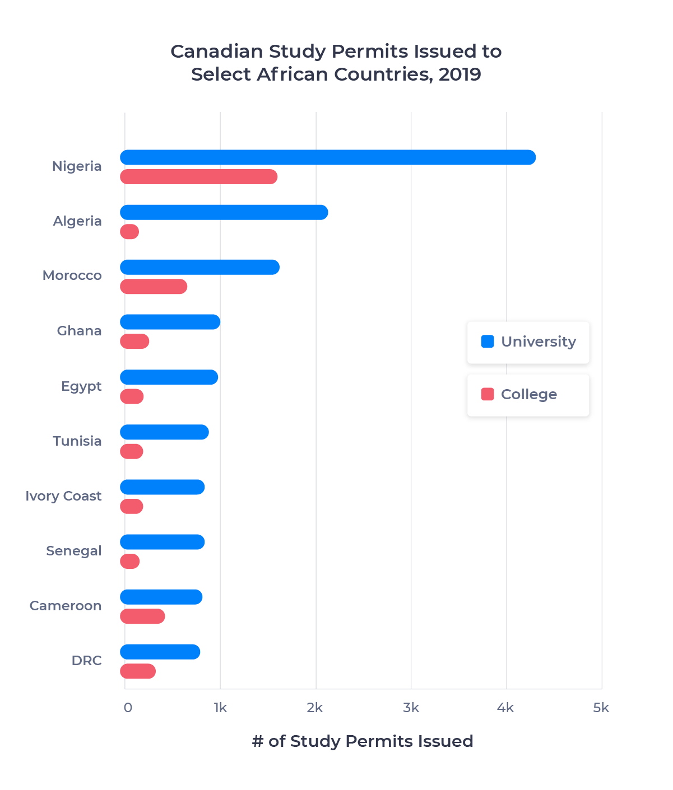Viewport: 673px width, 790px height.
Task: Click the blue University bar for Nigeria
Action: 328,157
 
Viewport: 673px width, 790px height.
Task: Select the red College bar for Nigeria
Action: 199,177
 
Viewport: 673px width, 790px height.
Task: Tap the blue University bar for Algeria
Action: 224,212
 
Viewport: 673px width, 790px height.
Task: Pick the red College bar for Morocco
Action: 154,287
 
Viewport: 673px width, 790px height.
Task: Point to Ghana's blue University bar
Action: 170,322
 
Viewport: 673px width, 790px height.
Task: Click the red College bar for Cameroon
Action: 143,616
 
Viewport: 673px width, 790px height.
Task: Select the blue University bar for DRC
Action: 160,652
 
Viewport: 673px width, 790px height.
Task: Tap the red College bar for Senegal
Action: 130,561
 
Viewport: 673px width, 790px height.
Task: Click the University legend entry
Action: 528,342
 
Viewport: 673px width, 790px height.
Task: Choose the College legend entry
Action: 528,395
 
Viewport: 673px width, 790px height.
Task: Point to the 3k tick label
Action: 411,708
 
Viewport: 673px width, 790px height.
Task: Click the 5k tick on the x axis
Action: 601,708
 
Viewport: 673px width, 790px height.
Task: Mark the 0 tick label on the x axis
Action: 128,708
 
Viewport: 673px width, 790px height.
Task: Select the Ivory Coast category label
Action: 63,496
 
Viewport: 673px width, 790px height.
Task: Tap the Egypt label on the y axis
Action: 81,386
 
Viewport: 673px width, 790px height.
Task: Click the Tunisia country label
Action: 77,441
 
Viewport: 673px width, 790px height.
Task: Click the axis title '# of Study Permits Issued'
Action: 363,741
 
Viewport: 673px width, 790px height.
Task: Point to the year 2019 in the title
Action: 460,74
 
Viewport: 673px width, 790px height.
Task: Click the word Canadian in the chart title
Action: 216,52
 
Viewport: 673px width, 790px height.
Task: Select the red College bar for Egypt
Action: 132,396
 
